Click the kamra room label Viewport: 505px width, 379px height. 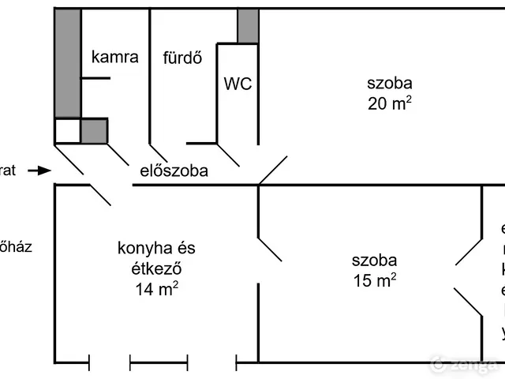point(115,57)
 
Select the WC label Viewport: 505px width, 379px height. point(238,84)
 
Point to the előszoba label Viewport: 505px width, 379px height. point(174,169)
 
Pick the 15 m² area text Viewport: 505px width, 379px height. point(374,280)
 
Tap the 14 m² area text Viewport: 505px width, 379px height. point(155,289)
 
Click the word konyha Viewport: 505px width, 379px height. point(145,250)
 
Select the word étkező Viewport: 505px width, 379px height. point(155,268)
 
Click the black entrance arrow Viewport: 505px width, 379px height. point(38,170)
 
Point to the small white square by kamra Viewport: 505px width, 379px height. point(67,130)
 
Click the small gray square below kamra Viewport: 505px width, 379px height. point(94,130)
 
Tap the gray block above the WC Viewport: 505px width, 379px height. point(248,26)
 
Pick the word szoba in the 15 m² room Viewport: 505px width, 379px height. point(374,260)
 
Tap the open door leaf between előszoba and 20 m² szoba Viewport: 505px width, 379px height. point(273,169)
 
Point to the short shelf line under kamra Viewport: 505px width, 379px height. point(95,77)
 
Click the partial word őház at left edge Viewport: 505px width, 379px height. point(16,246)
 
